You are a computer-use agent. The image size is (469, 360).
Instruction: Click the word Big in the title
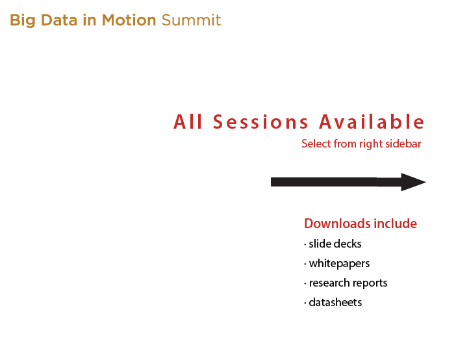click(x=23, y=21)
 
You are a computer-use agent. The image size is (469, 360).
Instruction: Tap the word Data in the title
click(x=59, y=20)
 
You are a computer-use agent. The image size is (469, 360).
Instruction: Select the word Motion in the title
click(x=129, y=20)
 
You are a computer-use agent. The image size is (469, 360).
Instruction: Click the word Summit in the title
click(x=191, y=20)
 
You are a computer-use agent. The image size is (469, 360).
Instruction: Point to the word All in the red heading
click(x=188, y=122)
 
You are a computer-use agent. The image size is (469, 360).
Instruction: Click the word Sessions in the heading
click(x=260, y=122)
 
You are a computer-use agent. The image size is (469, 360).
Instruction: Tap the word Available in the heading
click(x=372, y=122)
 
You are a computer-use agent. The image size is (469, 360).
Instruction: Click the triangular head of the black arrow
click(x=413, y=182)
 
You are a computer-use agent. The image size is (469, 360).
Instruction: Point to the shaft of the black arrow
click(x=336, y=182)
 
